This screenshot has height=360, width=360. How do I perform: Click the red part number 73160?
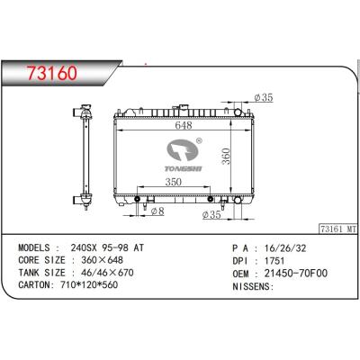(x=51, y=73)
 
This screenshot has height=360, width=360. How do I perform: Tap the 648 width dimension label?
(x=184, y=125)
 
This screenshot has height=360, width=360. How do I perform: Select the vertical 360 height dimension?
(x=226, y=157)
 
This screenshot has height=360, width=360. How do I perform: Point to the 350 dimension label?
(x=174, y=182)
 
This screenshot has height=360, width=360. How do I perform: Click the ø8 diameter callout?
(x=157, y=211)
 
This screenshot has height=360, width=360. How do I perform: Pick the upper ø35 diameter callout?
(x=264, y=97)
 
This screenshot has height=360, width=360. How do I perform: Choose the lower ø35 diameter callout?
(x=211, y=214)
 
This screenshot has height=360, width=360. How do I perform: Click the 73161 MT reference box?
(x=337, y=229)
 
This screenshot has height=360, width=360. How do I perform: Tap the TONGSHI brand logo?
(x=184, y=155)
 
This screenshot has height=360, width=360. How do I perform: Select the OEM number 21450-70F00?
(x=296, y=274)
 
